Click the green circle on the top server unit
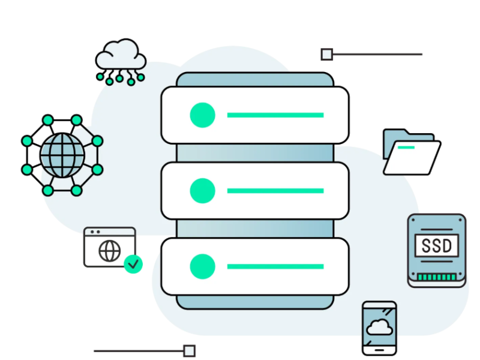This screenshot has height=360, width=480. pos(202,115)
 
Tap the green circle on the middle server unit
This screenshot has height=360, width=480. pos(202,191)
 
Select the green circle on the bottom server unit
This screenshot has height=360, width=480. pos(202,266)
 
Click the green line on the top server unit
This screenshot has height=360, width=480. pos(275,115)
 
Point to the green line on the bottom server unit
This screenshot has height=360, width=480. pos(275,266)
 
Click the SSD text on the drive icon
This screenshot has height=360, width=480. pos(437,246)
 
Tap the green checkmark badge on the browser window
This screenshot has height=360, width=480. pos(133,263)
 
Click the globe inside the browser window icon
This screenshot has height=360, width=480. pos(109,251)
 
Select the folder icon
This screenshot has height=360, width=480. pos(412,152)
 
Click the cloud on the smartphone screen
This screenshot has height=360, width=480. pos(379,328)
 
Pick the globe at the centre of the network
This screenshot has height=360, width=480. pos(62,155)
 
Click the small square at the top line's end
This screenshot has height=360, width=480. pos(326,55)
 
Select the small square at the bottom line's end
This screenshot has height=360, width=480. pos(189,351)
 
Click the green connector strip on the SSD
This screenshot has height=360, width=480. pos(437,277)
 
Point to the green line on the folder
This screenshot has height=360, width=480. pos(406,147)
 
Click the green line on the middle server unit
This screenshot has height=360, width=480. pos(275,191)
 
